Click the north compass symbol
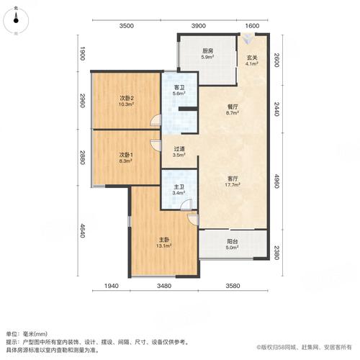[16, 20]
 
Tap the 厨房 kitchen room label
[207, 51]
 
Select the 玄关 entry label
[252, 58]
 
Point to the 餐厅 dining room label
[233, 107]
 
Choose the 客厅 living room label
[233, 179]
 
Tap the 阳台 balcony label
[233, 242]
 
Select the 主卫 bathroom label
[179, 187]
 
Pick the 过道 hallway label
[179, 149]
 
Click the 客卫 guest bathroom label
[179, 88]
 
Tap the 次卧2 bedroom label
[127, 98]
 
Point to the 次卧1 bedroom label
[126, 154]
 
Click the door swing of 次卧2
[156, 120]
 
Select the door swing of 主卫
[186, 204]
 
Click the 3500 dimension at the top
[127, 26]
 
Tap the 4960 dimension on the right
[276, 181]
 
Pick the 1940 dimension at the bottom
[112, 286]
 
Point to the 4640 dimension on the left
[82, 230]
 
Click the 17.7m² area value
[233, 185]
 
